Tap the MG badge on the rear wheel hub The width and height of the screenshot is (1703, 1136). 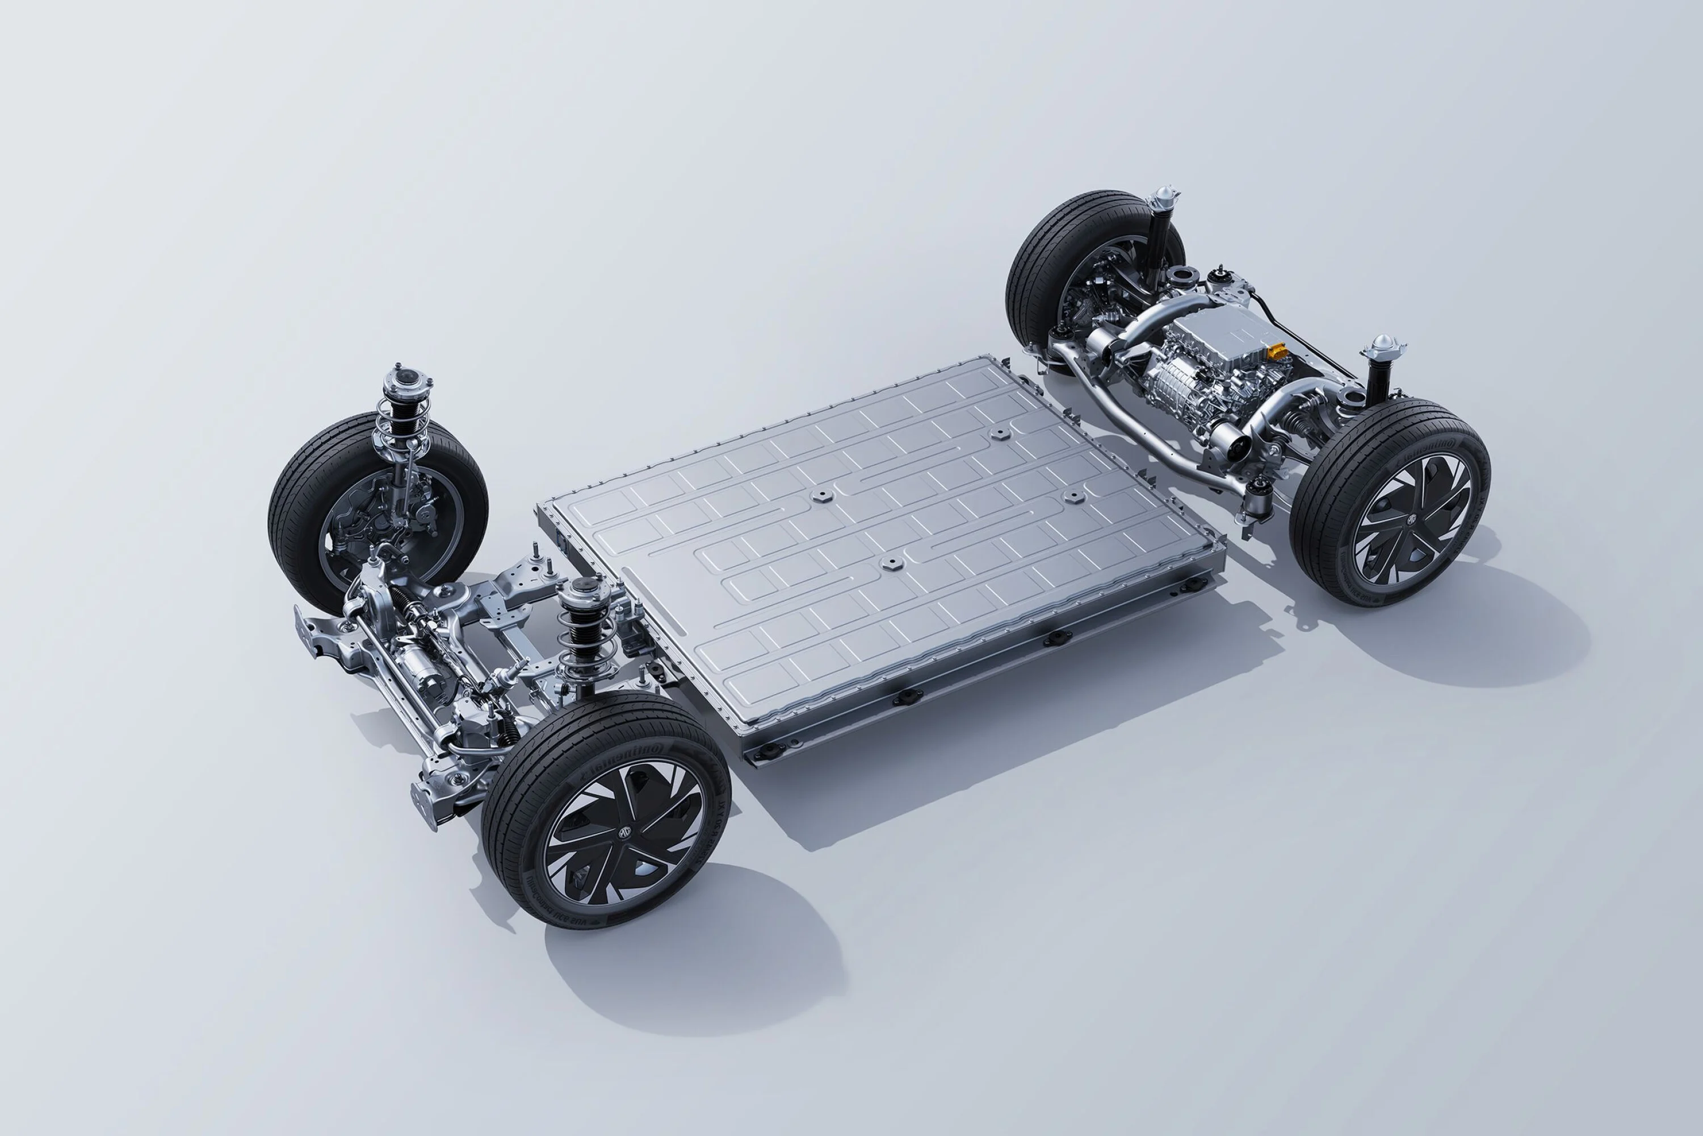tap(1412, 517)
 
